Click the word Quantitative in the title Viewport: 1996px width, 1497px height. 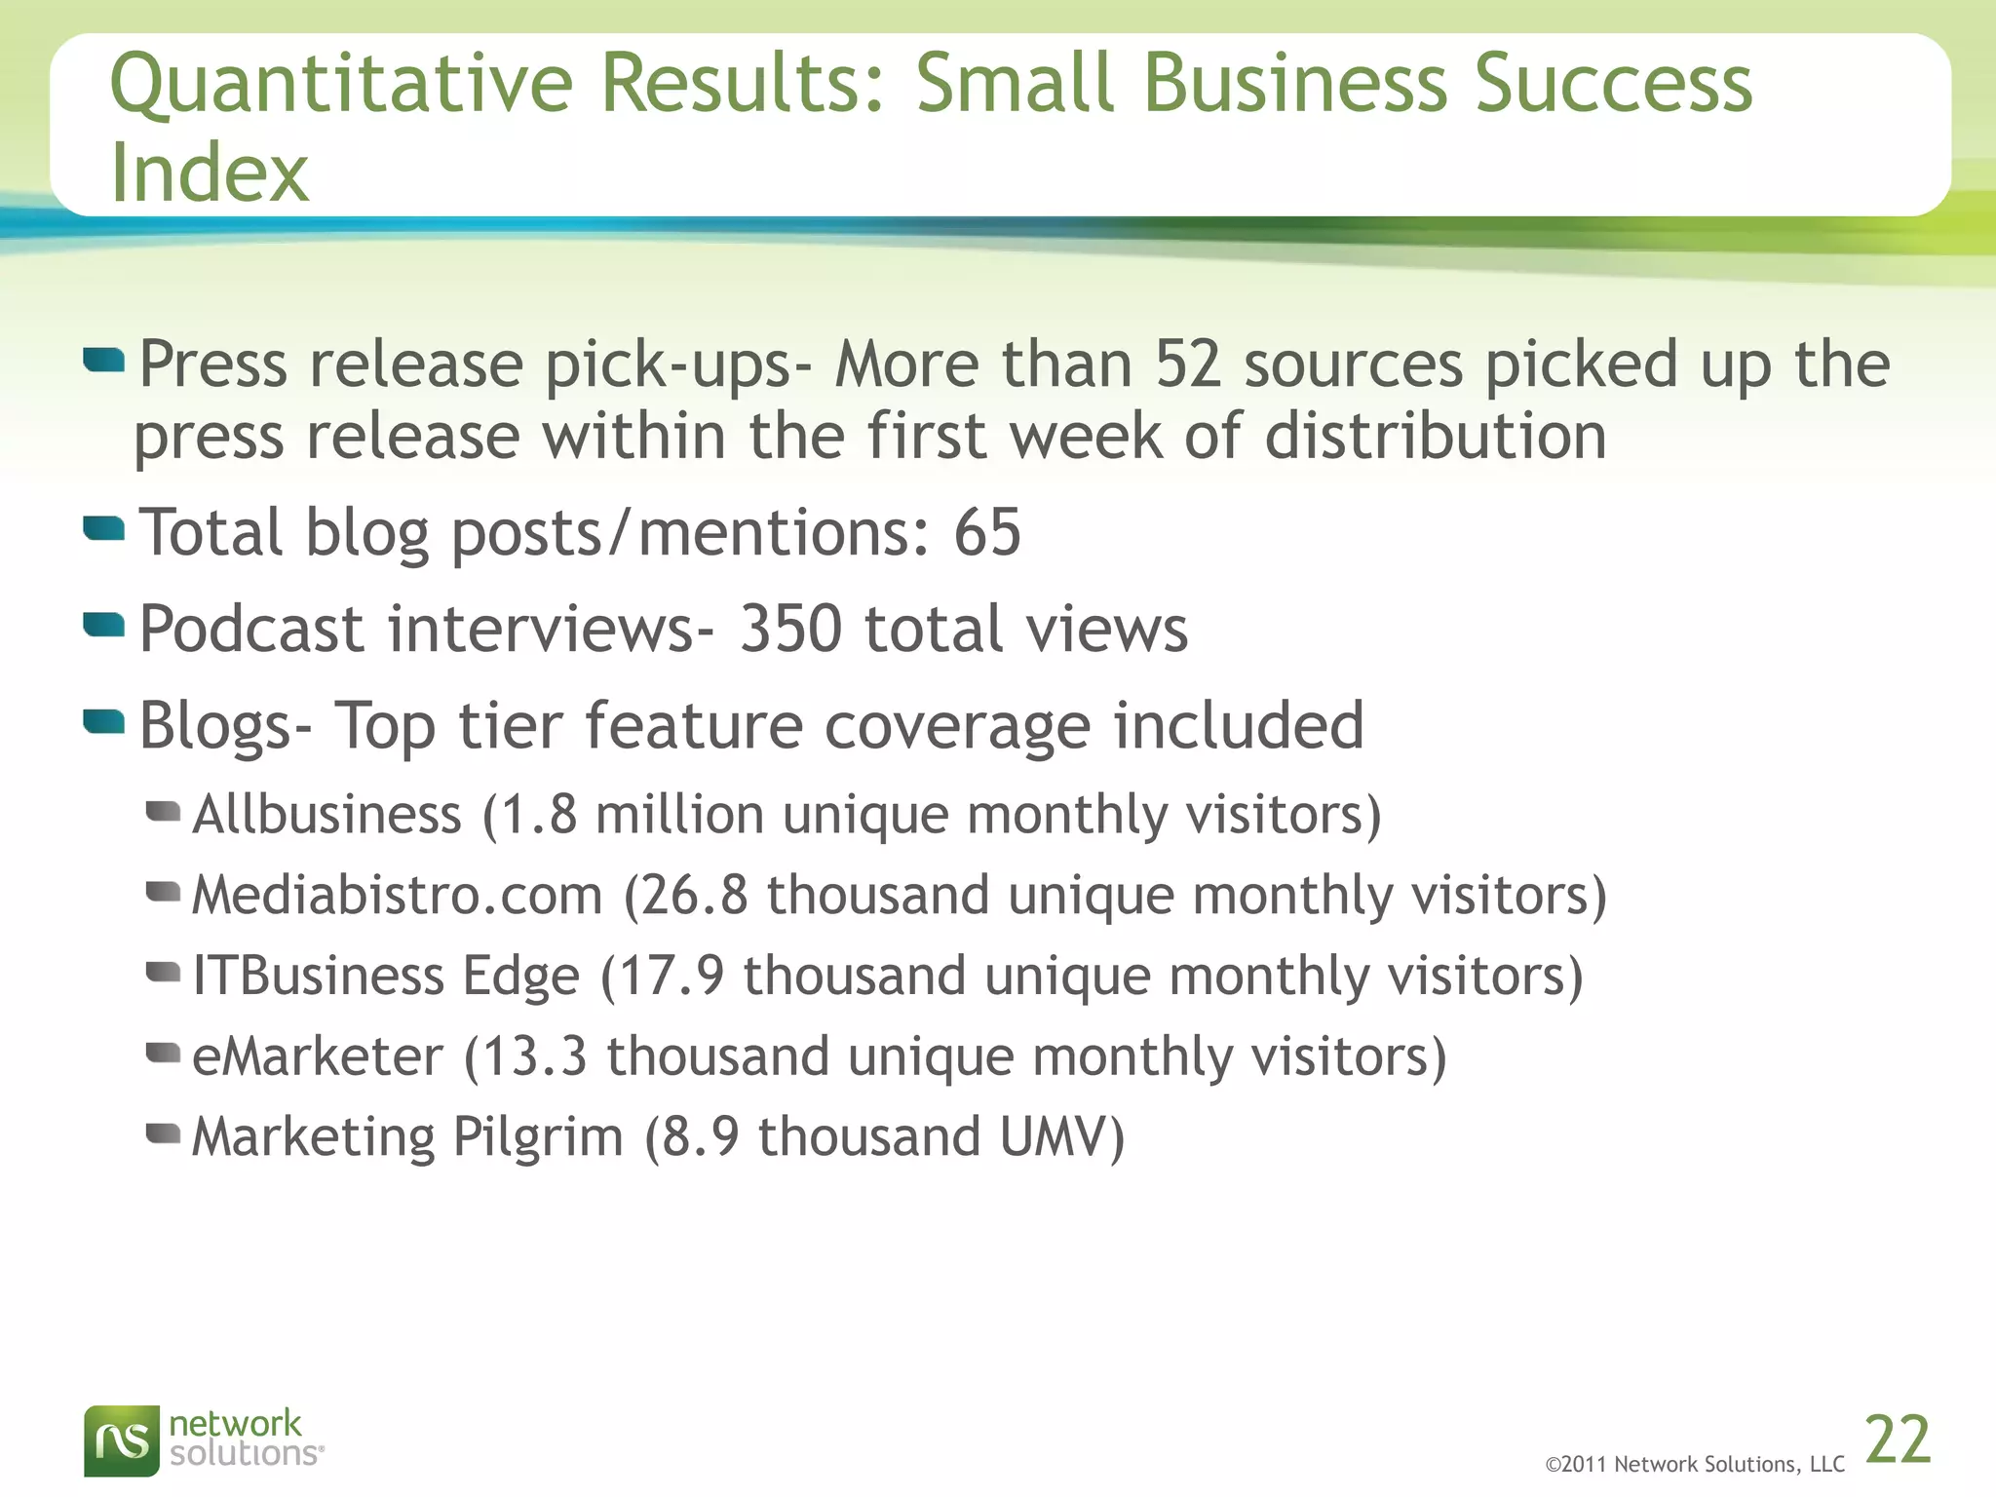click(341, 86)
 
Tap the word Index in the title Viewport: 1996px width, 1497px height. click(210, 173)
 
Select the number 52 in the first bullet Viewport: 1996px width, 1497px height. click(1188, 365)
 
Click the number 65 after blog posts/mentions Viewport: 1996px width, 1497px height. click(987, 533)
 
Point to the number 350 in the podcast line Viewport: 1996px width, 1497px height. click(790, 629)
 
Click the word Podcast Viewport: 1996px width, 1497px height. click(251, 629)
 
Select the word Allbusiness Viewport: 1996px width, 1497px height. click(326, 815)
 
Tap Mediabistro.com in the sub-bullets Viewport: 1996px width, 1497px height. click(398, 896)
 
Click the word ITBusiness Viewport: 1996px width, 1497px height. click(318, 976)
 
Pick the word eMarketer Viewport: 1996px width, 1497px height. click(318, 1056)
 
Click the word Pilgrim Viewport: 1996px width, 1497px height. click(538, 1137)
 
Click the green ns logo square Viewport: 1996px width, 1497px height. click(121, 1440)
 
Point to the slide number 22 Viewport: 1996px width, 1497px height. click(1898, 1439)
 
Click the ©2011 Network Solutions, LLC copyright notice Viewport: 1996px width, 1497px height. click(1695, 1464)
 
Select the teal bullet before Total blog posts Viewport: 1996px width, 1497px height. click(104, 529)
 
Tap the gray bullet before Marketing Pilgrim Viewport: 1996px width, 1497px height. click(163, 1132)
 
